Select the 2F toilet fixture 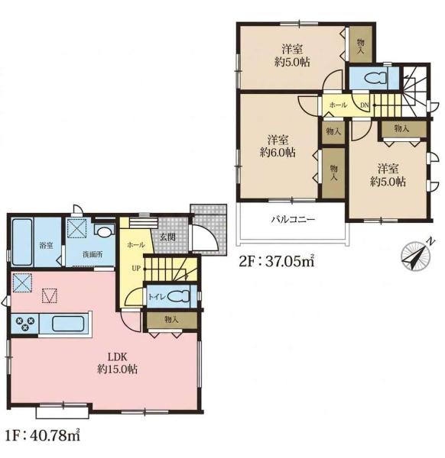[375, 77]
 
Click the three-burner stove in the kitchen [25, 324]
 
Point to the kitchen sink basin [69, 324]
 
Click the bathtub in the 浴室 [22, 242]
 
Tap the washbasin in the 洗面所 [104, 231]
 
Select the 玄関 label [167, 237]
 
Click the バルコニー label [293, 219]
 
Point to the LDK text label [117, 356]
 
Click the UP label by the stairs [136, 268]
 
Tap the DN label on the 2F [364, 105]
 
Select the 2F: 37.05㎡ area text [277, 261]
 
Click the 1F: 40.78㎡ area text [42, 436]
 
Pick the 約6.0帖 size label [278, 153]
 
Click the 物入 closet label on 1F [171, 319]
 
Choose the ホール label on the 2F [338, 105]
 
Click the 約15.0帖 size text [117, 369]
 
